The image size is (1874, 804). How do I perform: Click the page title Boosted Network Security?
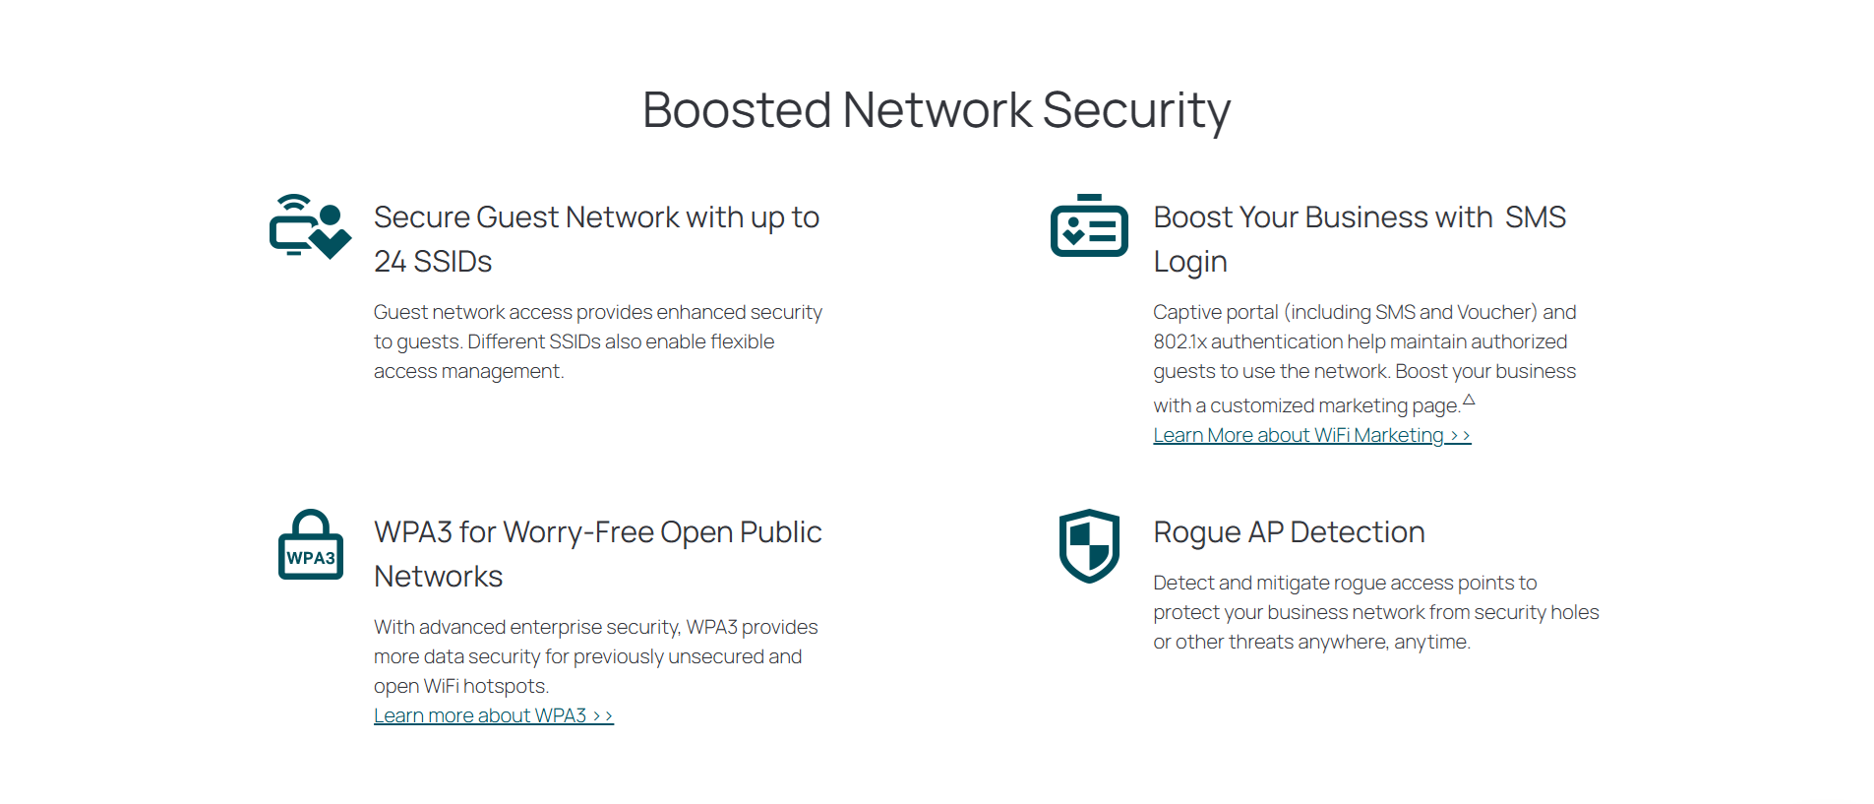coord(936,110)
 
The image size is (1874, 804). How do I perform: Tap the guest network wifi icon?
coord(310,226)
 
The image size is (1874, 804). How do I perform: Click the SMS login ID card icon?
coord(1089,225)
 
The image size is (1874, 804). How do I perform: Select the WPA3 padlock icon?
coord(311,545)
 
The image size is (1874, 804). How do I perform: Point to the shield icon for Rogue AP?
coord(1089,545)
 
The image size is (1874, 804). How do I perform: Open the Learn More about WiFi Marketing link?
coord(1311,435)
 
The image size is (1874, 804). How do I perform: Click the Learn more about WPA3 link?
coord(493,715)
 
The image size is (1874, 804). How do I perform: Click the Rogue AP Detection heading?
coord(1289,532)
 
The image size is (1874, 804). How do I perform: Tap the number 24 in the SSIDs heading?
coord(390,262)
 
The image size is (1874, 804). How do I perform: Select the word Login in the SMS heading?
coord(1190,262)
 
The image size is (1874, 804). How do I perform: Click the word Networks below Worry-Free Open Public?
coord(438,577)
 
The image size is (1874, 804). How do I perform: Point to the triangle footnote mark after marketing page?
coord(1469,400)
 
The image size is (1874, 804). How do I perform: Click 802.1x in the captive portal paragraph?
coord(1179,341)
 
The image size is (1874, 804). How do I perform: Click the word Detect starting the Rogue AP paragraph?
coord(1183,583)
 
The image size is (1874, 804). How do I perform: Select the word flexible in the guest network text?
coord(742,341)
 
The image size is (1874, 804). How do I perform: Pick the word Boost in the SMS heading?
coord(1192,217)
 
